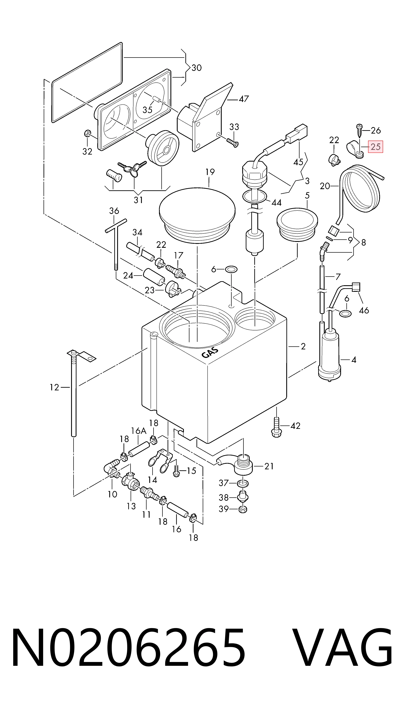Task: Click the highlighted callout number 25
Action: pos(375,147)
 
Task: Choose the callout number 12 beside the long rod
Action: pos(54,388)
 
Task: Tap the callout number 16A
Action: pos(139,431)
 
